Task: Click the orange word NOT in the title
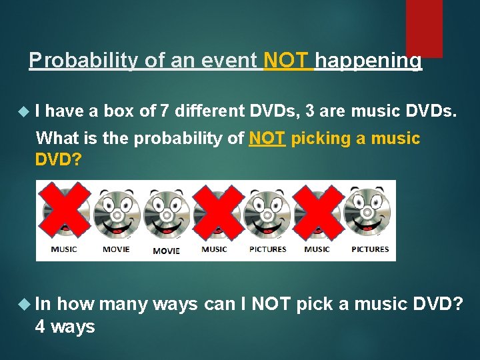tap(287, 61)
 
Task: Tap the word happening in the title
tap(368, 61)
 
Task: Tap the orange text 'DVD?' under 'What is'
tap(58, 160)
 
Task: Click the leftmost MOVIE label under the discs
tap(116, 250)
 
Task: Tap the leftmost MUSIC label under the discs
tap(64, 250)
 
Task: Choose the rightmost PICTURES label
tap(369, 250)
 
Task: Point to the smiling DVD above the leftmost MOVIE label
tap(116, 213)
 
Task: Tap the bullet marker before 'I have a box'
tap(25, 111)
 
